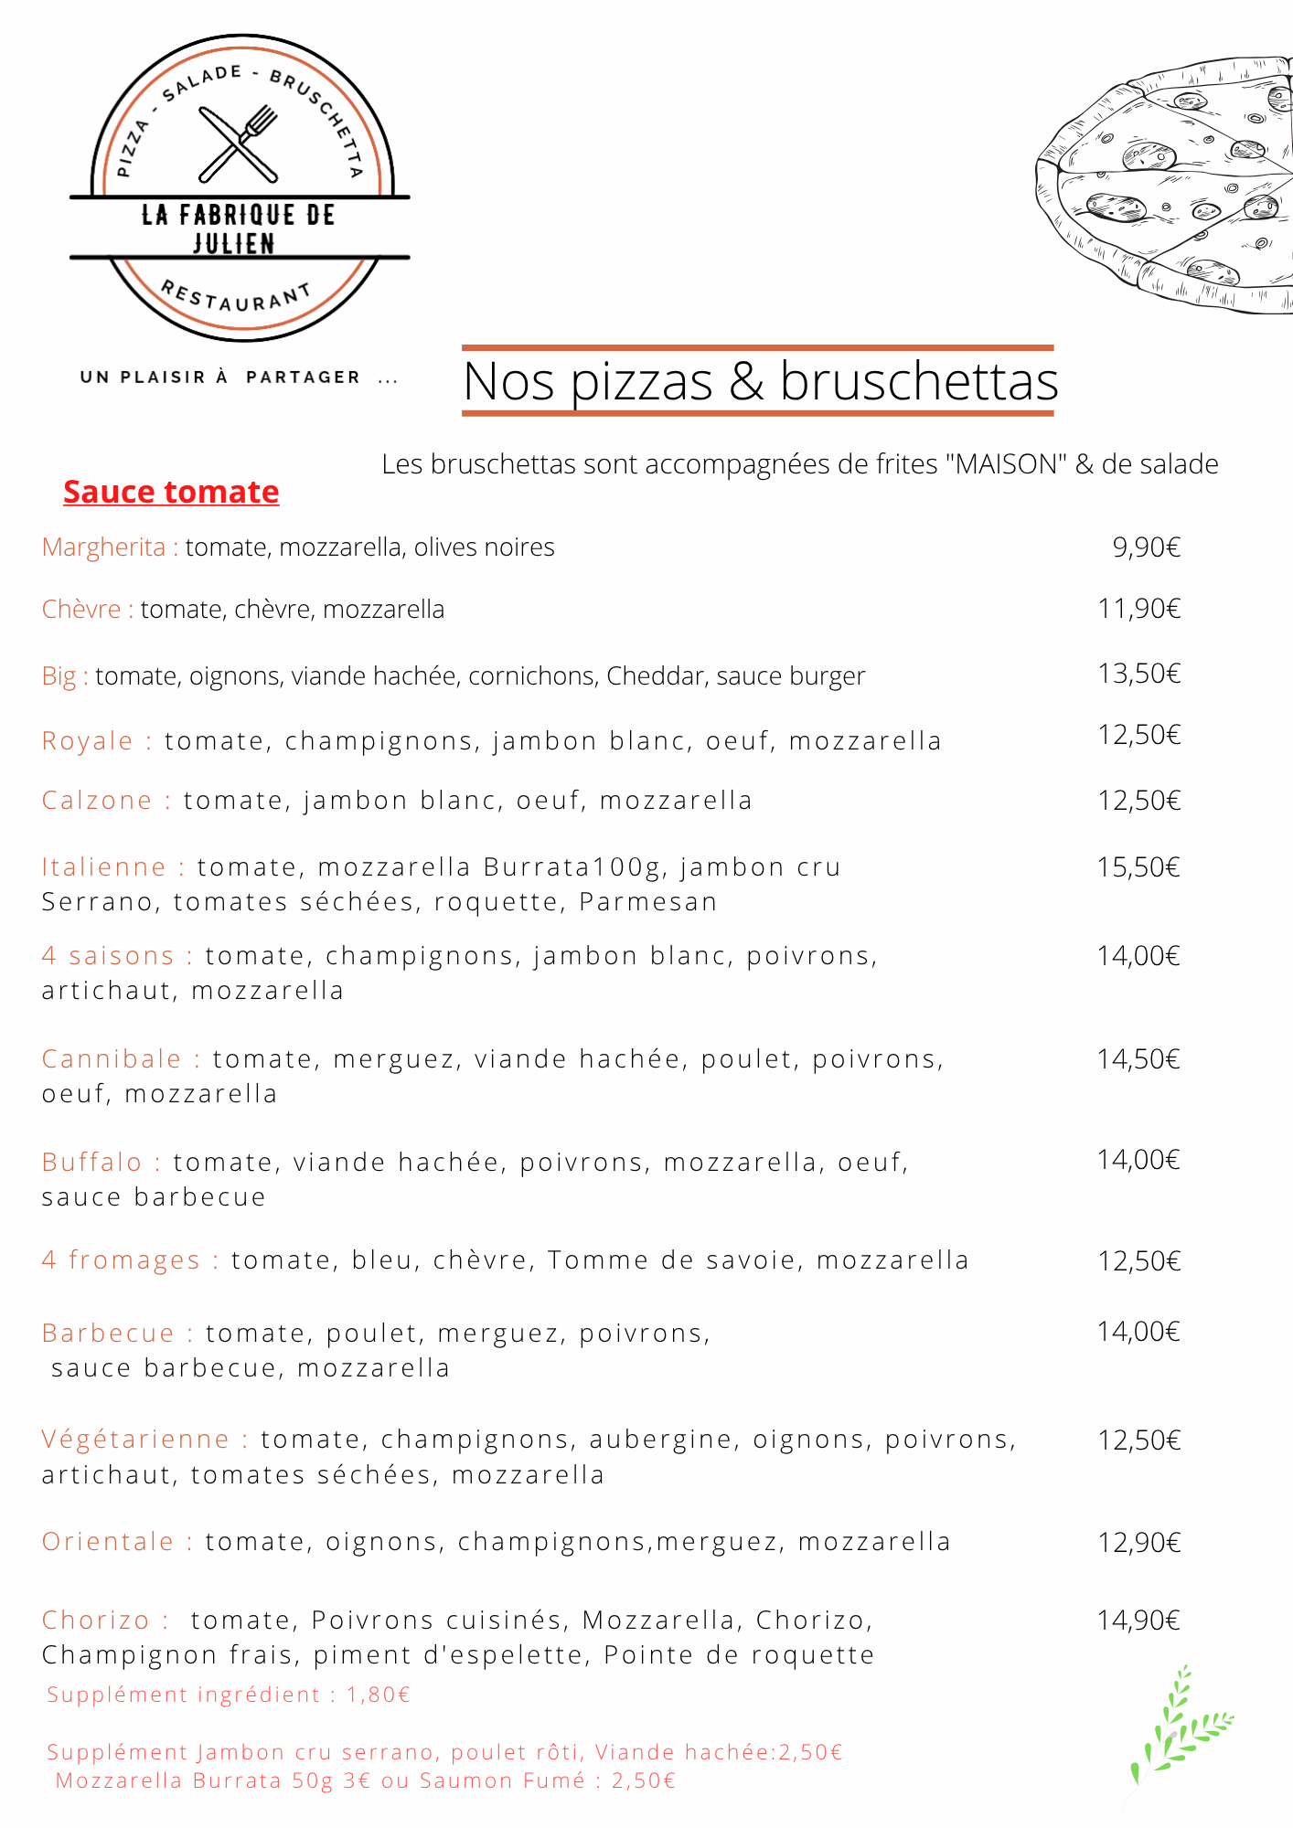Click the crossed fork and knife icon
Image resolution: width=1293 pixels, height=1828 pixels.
[239, 144]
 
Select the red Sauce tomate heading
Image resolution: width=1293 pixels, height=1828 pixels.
[171, 492]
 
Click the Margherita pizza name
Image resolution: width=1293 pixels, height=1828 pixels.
[103, 547]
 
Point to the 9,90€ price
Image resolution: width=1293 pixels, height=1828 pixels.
[1146, 547]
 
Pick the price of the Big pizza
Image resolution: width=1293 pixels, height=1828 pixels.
[1139, 674]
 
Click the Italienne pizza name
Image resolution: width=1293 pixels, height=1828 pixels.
[104, 866]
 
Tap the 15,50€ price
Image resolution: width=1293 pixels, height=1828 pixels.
[1139, 866]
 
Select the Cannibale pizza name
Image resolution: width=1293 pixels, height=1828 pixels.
[112, 1058]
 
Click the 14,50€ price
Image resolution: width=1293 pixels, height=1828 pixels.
[1139, 1058]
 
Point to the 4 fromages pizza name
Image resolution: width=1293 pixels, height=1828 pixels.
[121, 1259]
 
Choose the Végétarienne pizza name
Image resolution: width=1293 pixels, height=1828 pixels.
[135, 1439]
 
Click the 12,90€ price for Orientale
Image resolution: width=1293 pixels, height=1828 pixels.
[1139, 1542]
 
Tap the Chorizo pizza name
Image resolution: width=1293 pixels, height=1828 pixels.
[96, 1620]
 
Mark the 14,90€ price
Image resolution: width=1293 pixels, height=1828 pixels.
[1139, 1620]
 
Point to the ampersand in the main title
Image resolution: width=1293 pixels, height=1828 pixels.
[746, 381]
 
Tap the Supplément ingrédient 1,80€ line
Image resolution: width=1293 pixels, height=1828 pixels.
[229, 1695]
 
